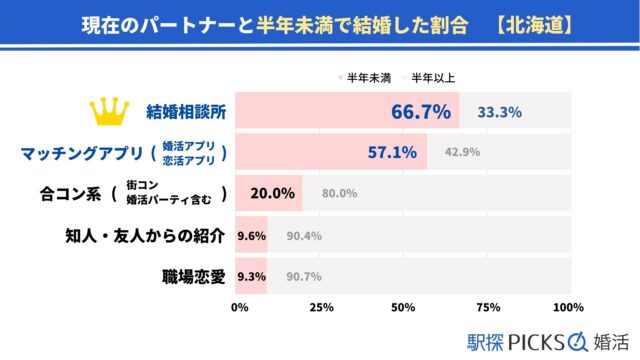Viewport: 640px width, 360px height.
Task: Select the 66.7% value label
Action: coord(419,111)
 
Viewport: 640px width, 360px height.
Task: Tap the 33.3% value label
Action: coord(500,112)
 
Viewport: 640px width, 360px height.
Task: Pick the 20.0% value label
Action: coord(273,193)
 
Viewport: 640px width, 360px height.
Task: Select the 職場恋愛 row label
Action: coord(192,275)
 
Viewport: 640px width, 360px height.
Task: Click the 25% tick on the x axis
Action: coord(322,307)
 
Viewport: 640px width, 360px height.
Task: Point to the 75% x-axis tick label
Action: coord(486,307)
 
